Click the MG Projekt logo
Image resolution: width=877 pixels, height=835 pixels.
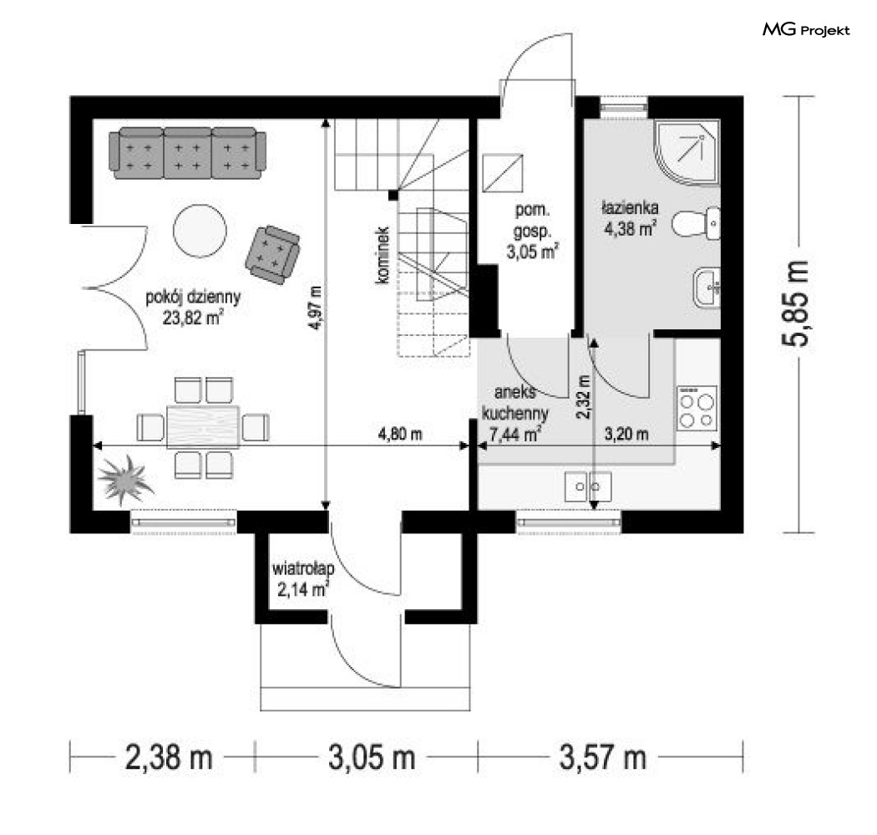[x=806, y=29]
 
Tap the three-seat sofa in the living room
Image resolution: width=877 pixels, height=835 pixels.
[x=187, y=153]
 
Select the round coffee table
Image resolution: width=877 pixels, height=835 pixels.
[x=200, y=230]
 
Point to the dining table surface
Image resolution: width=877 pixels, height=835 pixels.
[x=203, y=427]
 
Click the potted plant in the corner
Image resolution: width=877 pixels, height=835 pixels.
[x=125, y=480]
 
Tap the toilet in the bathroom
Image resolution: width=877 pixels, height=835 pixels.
[x=697, y=223]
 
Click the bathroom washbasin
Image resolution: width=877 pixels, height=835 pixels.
[x=707, y=288]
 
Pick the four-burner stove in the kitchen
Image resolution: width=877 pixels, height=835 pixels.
[x=697, y=408]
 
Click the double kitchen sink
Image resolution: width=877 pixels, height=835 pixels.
[x=588, y=486]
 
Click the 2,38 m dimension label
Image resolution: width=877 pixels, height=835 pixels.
[x=169, y=758]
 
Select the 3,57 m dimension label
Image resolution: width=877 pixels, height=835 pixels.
[x=603, y=758]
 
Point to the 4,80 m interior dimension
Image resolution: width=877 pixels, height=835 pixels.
[x=400, y=434]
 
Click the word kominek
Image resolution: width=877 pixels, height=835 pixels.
[x=383, y=255]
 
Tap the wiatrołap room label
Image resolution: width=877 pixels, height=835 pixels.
[x=303, y=568]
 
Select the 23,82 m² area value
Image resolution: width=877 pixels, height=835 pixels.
[x=193, y=318]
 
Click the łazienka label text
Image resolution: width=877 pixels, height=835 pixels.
[x=631, y=207]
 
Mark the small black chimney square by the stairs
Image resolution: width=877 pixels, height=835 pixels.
[x=393, y=195]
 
